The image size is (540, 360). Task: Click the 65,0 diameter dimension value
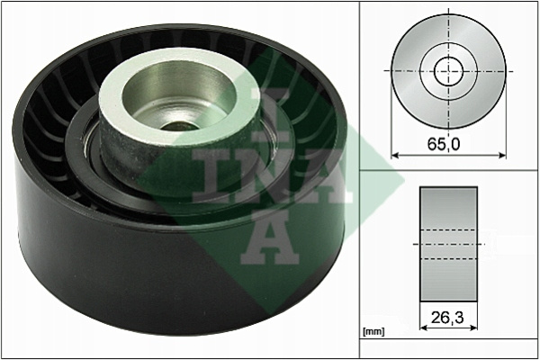[444, 144]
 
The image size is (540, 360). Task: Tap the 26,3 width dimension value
[447, 318]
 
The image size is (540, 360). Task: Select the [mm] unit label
[373, 332]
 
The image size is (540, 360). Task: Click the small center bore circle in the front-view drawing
[449, 72]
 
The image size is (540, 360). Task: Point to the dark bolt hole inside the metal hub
[179, 126]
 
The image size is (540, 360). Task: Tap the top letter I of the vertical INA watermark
[270, 114]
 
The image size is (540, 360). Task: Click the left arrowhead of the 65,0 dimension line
[395, 156]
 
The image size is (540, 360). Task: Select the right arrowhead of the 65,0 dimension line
[502, 156]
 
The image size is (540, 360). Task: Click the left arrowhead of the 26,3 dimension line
[424, 328]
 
